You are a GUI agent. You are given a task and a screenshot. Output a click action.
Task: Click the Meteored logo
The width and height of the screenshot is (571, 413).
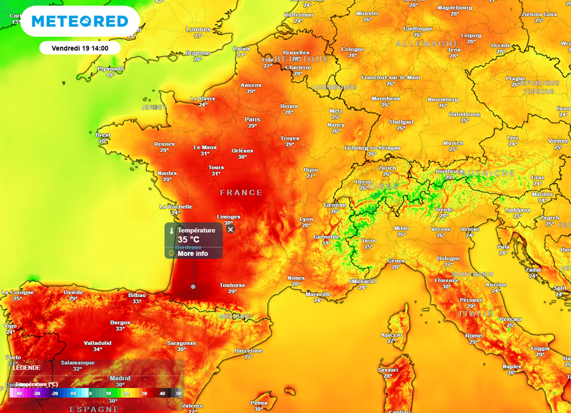[x=80, y=21]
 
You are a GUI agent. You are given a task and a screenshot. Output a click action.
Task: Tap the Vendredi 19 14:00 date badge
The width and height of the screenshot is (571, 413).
[x=80, y=48]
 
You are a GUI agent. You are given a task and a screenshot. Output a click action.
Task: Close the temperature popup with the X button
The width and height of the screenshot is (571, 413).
[x=231, y=229]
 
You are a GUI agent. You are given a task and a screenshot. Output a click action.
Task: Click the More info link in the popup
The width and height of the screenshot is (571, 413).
[x=192, y=254]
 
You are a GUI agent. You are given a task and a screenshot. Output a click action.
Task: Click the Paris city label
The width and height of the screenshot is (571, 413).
[x=253, y=119]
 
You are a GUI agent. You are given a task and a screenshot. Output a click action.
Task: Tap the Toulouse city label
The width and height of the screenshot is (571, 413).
[x=233, y=285]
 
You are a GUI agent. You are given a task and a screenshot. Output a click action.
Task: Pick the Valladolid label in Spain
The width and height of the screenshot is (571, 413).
[x=98, y=343]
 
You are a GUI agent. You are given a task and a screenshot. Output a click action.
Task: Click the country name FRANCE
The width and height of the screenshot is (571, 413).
[x=241, y=192]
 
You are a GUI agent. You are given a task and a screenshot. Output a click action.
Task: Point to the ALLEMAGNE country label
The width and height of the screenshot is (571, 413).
[x=419, y=43]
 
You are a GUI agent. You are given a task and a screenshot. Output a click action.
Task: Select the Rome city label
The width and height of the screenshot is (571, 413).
[x=473, y=336]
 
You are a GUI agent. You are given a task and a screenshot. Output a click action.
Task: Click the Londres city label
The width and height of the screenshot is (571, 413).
[x=198, y=30]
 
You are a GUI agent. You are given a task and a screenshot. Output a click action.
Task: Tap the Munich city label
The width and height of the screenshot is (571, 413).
[x=453, y=143]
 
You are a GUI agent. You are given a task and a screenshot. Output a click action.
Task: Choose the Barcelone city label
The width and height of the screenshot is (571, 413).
[x=249, y=351]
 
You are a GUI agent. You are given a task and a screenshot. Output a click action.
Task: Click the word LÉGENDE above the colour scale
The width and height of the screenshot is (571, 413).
[x=26, y=368]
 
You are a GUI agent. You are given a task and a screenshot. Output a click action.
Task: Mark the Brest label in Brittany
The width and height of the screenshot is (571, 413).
[x=103, y=135]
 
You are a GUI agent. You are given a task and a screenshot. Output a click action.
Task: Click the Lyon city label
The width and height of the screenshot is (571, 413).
[x=306, y=219]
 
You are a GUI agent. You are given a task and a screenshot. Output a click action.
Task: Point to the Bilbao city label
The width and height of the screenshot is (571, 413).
[x=137, y=295]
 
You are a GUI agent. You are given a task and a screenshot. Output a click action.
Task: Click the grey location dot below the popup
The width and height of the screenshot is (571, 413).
[x=193, y=286]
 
